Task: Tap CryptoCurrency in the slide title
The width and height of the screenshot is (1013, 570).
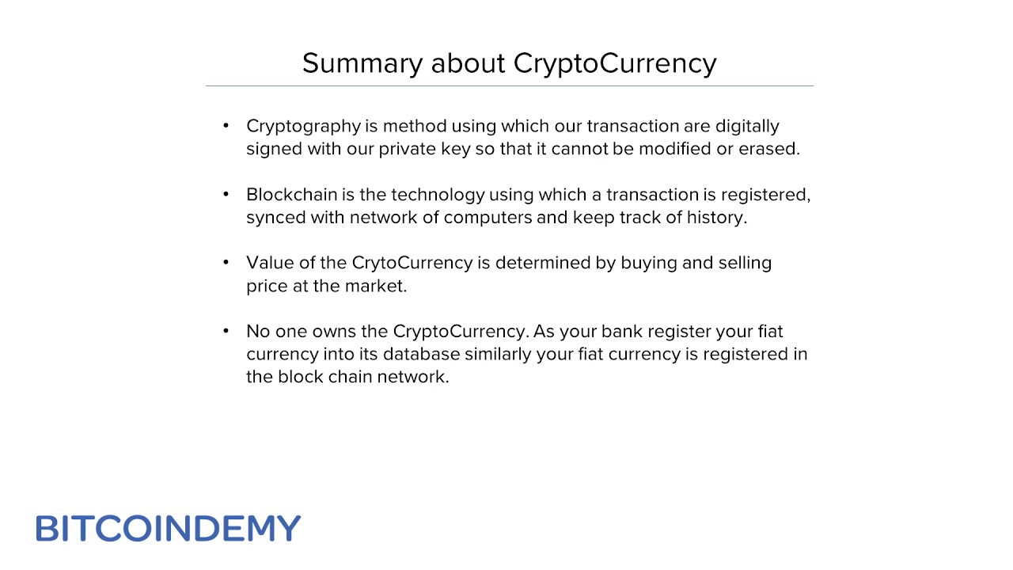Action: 615,63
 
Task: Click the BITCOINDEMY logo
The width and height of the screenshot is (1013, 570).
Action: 168,528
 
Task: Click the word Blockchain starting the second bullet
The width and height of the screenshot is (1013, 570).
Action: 291,195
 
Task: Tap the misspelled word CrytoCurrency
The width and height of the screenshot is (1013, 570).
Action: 412,263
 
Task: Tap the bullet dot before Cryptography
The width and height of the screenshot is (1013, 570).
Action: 226,126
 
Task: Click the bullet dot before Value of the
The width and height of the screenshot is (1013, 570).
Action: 226,262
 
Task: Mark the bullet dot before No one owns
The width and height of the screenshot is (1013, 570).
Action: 226,330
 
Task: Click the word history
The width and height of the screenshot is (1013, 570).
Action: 715,218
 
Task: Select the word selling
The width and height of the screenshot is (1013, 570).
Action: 745,263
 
